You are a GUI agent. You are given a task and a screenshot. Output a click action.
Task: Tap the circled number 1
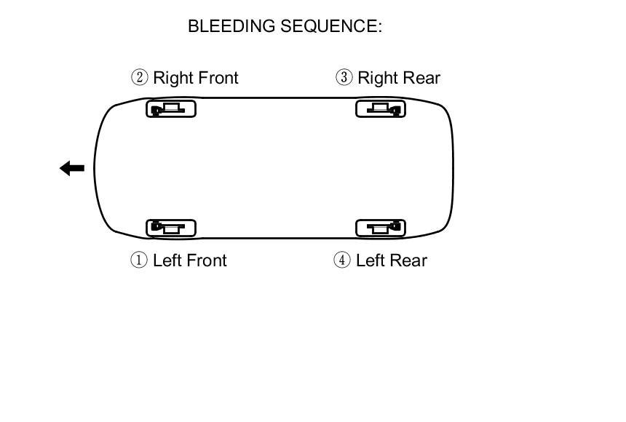pos(138,260)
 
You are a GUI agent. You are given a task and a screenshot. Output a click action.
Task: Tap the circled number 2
pos(139,77)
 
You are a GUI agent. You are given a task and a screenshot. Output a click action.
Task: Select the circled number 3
pos(344,77)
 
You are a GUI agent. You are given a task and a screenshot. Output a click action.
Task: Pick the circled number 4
pos(342,260)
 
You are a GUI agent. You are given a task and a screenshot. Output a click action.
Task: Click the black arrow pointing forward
pos(71,169)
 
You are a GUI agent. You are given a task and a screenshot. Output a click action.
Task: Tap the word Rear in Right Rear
pos(421,77)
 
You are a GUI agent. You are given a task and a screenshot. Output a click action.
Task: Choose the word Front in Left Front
pos(206,260)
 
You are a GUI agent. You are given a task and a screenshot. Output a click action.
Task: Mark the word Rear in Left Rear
pos(408,260)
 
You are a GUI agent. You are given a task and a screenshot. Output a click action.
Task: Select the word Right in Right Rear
pos(378,78)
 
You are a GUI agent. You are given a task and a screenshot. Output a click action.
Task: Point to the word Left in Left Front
pos(167,260)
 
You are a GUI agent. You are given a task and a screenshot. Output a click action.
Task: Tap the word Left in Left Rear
pos(371,260)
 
